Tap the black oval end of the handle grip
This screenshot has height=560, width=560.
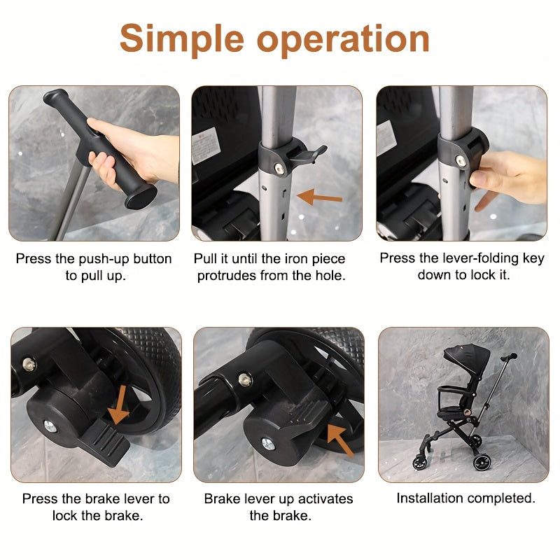point(141,197)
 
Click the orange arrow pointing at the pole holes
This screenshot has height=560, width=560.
point(320,198)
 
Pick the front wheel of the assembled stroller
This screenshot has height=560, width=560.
point(420,462)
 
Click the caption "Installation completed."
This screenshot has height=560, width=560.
point(465,498)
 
